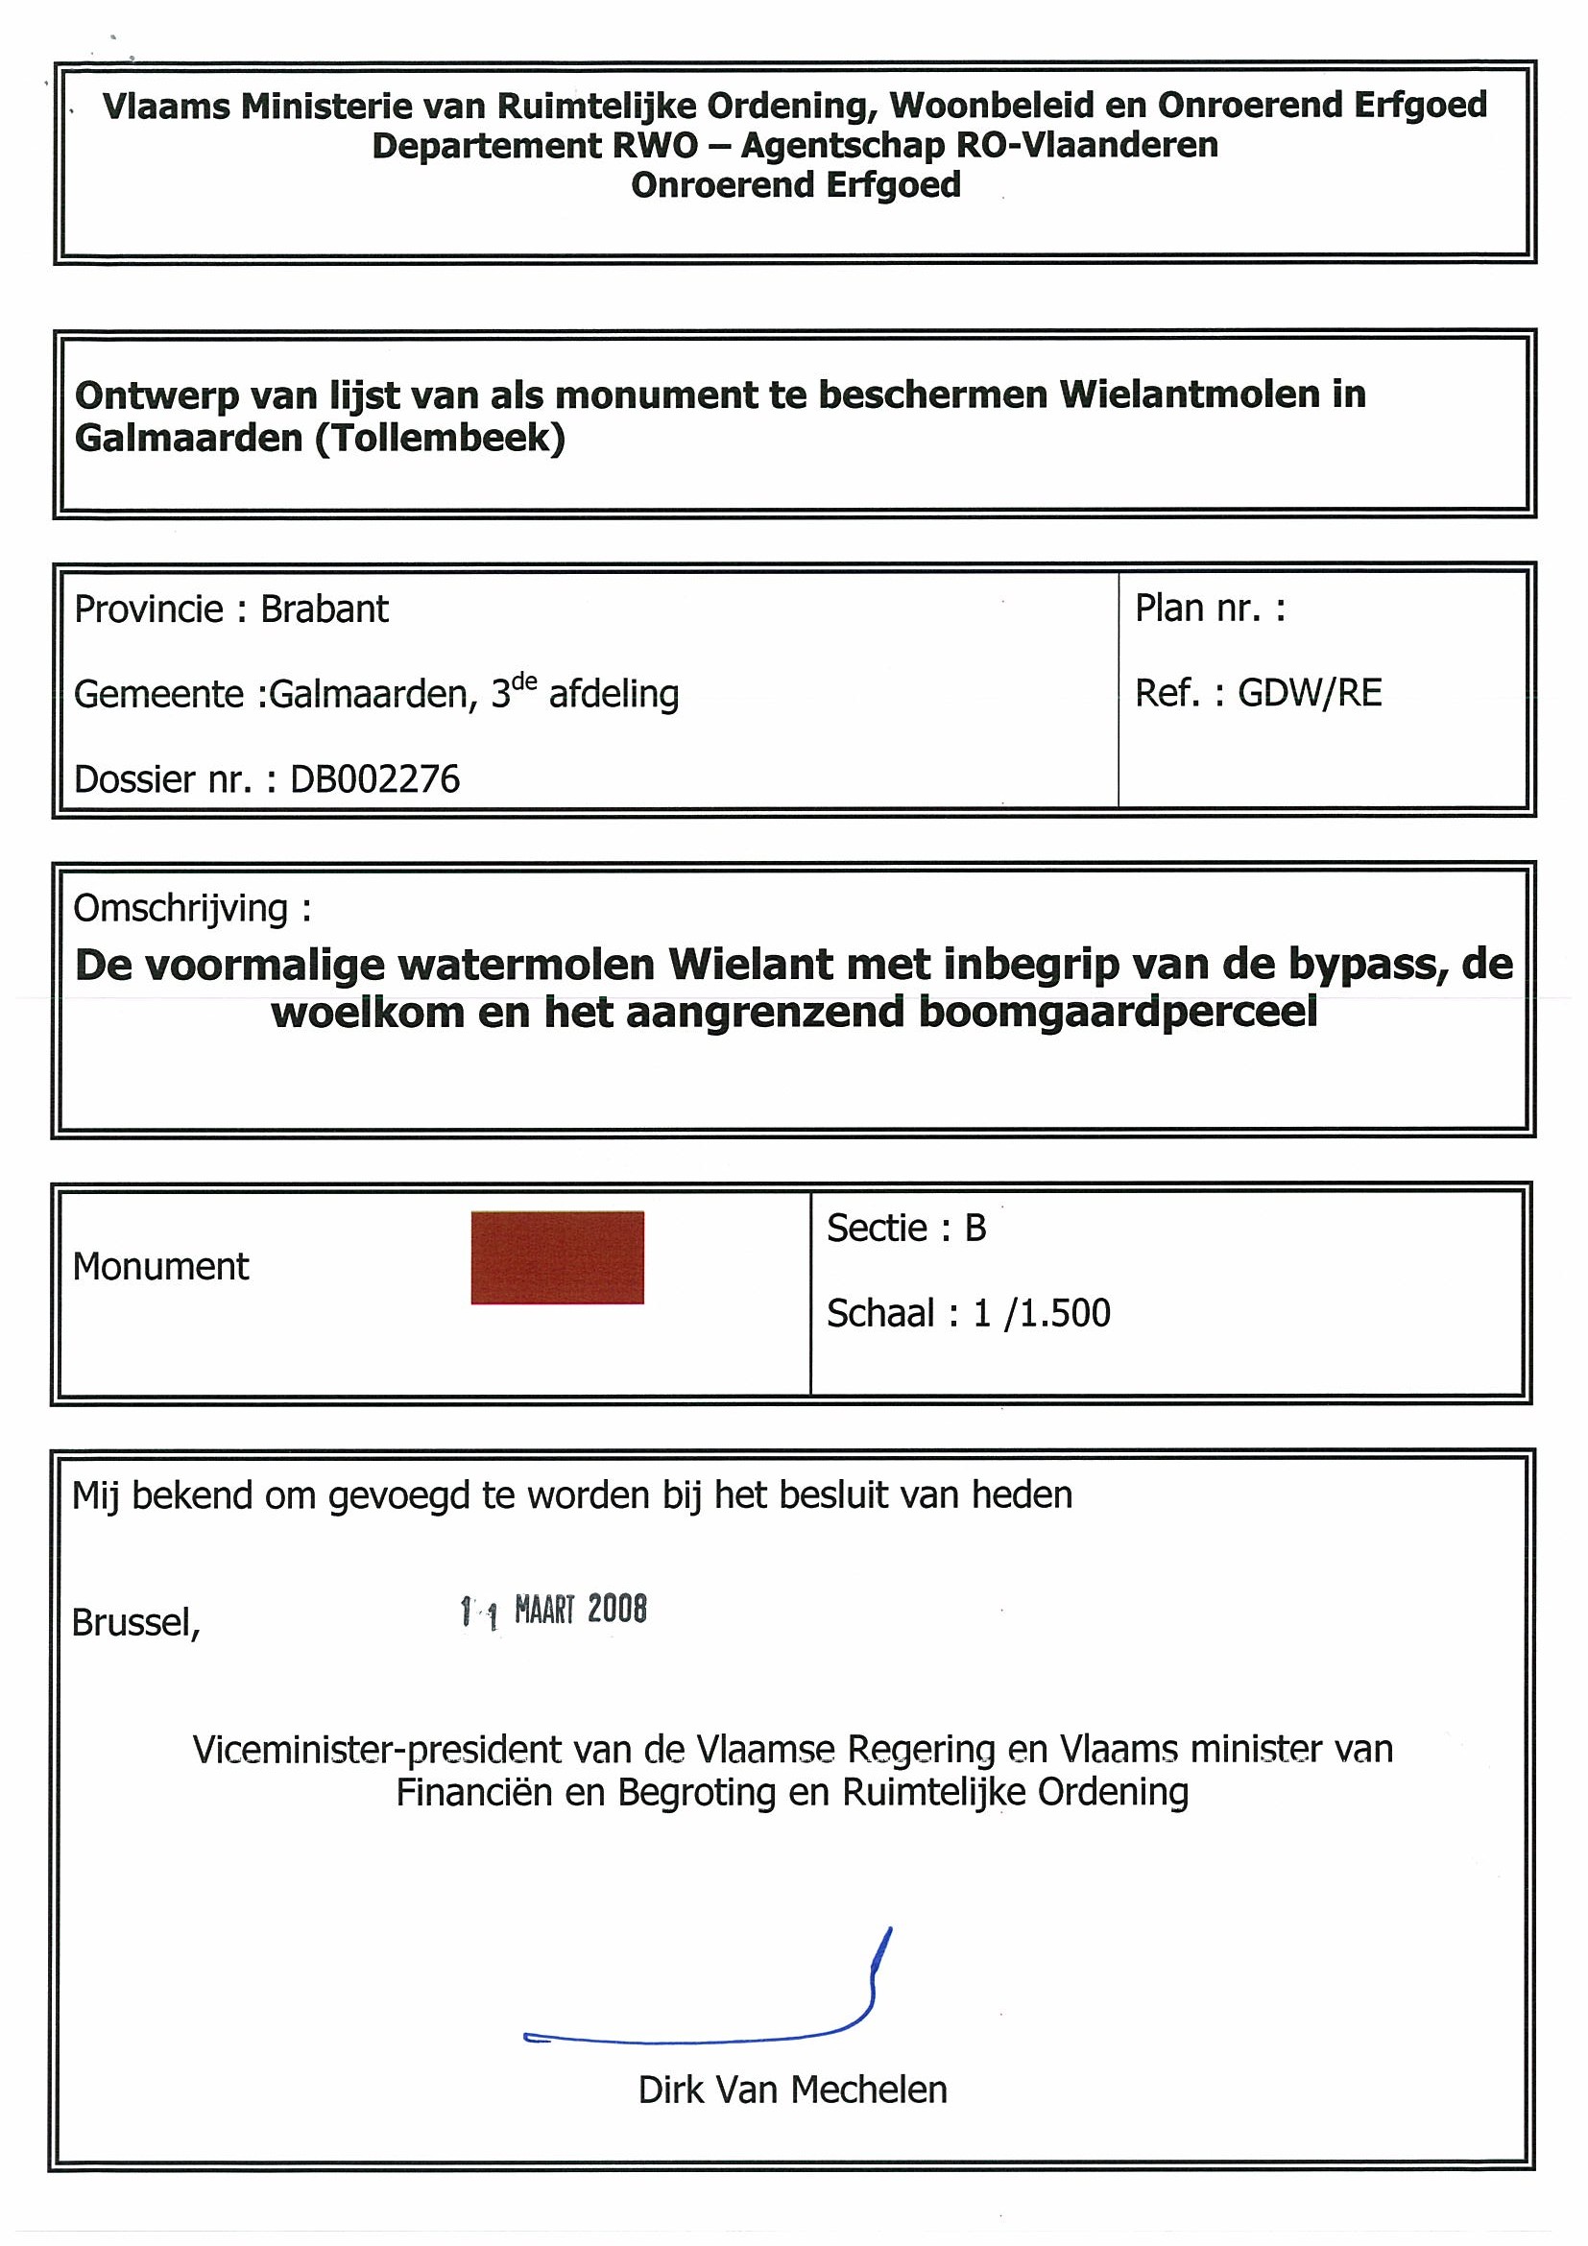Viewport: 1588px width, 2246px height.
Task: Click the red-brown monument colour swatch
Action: [557, 1257]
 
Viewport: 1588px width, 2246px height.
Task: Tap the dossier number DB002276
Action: [374, 779]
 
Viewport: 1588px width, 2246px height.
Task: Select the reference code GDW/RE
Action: [1310, 693]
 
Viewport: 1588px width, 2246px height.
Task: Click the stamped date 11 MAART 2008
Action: [554, 1611]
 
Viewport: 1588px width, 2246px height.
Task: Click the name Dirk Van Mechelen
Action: [792, 2090]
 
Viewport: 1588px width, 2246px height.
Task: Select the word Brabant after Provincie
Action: [324, 609]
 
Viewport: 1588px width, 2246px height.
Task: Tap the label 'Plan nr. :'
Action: [1210, 609]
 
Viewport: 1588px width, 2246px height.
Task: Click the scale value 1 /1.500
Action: [1041, 1313]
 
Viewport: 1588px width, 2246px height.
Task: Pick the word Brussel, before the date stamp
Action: [136, 1623]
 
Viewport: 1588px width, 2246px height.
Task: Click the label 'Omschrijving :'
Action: [193, 909]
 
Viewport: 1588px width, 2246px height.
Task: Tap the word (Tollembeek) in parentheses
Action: [441, 438]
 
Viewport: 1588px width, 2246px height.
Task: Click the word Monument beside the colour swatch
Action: [160, 1267]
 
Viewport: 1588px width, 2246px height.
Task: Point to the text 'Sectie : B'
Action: [906, 1228]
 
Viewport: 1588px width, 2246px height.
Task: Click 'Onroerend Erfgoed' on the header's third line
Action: [796, 185]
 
